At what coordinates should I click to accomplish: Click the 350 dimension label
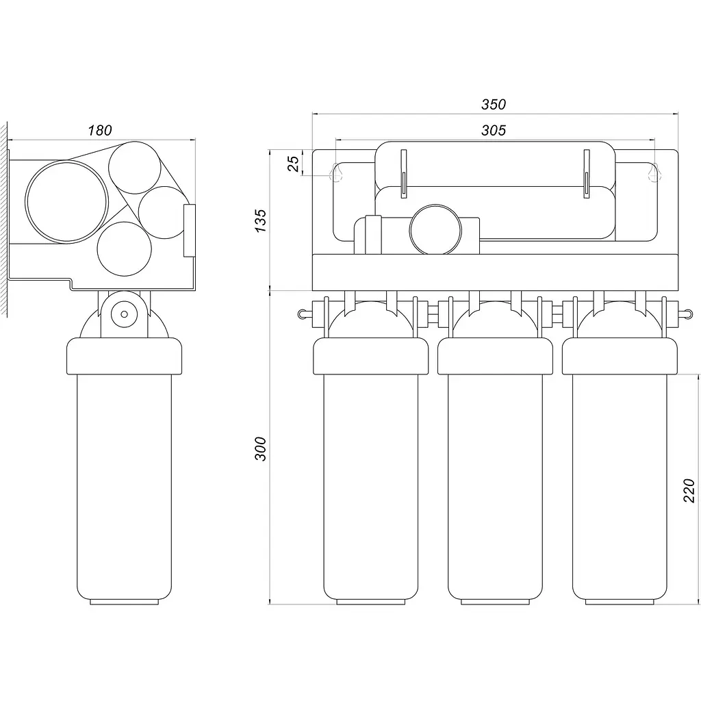pos(494,104)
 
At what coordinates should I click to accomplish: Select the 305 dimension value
pos(494,130)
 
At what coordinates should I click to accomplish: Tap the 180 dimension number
pos(99,131)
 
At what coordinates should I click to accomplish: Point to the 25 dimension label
pos(293,163)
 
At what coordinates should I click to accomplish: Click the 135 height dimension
pos(260,220)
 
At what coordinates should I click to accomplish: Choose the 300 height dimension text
pos(260,449)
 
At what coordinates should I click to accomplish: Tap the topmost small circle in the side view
pos(135,142)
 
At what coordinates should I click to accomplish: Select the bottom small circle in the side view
pos(125,222)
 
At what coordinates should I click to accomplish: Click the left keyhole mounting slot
pos(336,172)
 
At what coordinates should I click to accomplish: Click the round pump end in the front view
pos(435,205)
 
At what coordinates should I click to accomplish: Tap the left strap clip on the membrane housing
pos(404,173)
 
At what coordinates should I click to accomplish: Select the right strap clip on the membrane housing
pos(587,173)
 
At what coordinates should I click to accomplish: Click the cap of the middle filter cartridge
pos(495,356)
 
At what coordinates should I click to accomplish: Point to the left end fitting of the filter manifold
pos(305,314)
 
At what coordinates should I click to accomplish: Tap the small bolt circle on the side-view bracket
pos(125,314)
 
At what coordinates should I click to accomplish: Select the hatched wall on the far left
pos(3,220)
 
